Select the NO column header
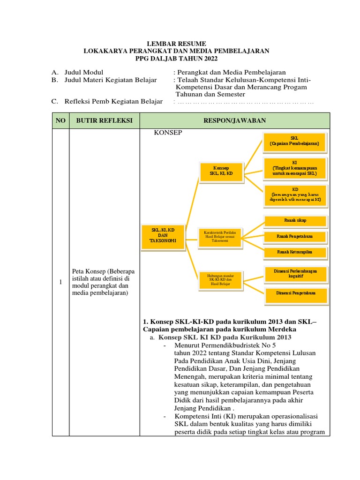coord(60,120)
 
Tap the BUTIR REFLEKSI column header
coord(105,120)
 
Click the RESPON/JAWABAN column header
coord(235,120)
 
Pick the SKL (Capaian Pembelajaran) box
coord(294,142)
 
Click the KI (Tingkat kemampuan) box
coord(294,168)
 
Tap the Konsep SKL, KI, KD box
coord(223,171)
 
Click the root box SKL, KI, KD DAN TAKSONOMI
coord(163,236)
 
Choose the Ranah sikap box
coord(295,220)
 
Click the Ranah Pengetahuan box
coord(295,237)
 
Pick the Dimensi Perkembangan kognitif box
coord(295,274)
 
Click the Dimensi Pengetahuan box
coord(295,293)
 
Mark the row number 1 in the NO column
coord(60,282)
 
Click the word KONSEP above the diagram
coord(168,133)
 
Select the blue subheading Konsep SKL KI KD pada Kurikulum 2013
coord(225,337)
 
